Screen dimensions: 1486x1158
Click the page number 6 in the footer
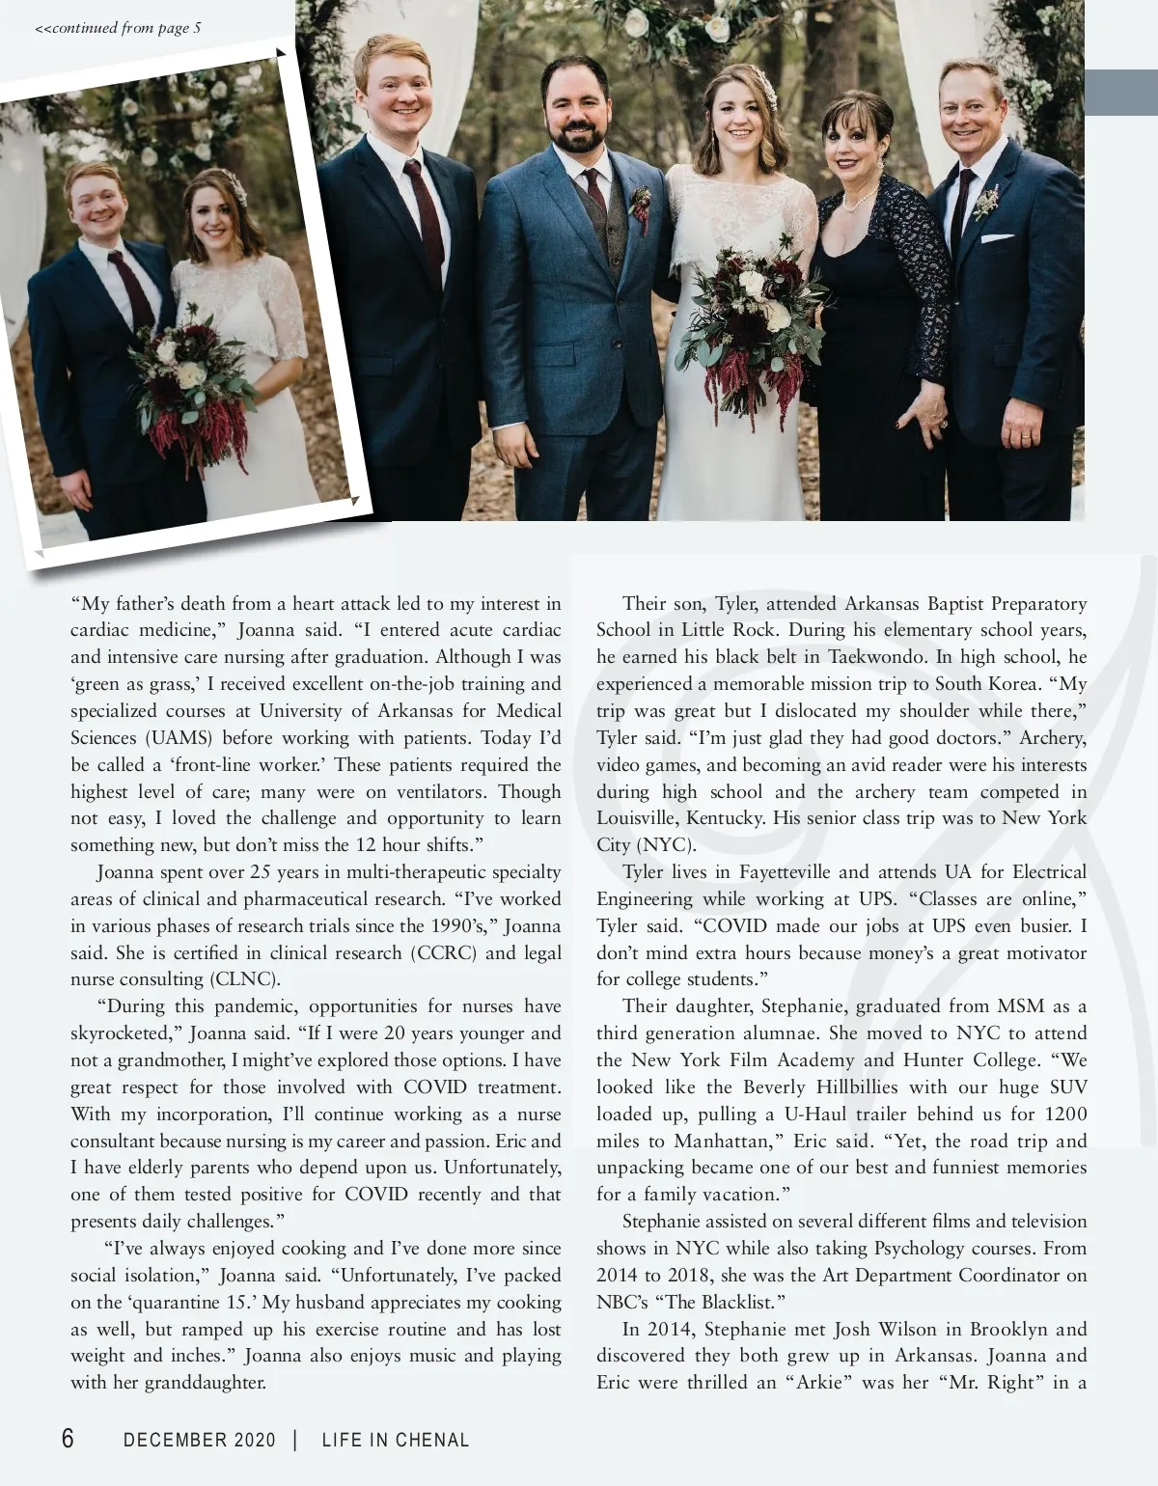tap(68, 1439)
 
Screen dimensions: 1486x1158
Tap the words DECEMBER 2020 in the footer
tap(200, 1440)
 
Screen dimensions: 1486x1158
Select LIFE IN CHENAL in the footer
tap(396, 1440)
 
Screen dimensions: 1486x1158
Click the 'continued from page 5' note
tap(118, 28)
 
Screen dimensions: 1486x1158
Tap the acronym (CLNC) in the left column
tap(244, 979)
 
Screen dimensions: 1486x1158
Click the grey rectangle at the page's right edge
tap(1120, 93)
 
